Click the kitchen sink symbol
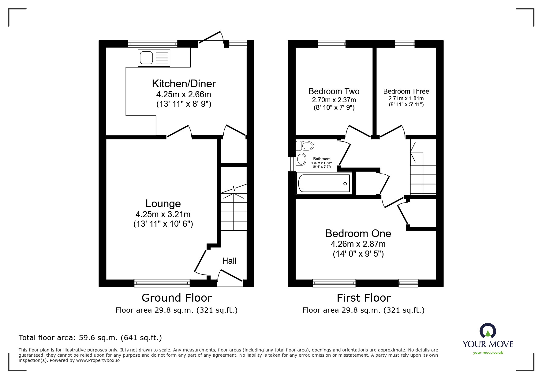click(x=154, y=58)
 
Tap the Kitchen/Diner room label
click(x=184, y=84)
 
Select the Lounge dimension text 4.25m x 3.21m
click(x=163, y=214)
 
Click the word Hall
click(x=229, y=261)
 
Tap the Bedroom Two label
click(x=334, y=91)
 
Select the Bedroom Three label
click(x=406, y=91)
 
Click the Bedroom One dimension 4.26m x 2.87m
click(x=358, y=244)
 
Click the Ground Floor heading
click(x=177, y=298)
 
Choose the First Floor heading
click(x=364, y=298)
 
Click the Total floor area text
click(x=90, y=338)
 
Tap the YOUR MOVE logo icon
click(x=488, y=331)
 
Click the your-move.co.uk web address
click(x=488, y=353)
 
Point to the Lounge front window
click(x=162, y=283)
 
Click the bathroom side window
click(x=292, y=164)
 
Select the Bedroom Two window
click(x=332, y=44)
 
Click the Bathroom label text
click(x=322, y=159)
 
